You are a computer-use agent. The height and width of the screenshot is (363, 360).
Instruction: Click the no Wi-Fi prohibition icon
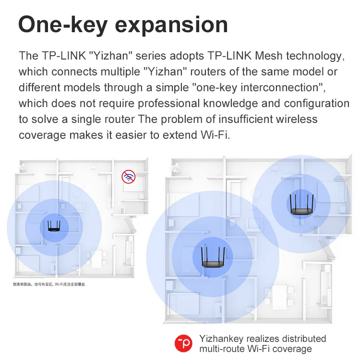(128, 177)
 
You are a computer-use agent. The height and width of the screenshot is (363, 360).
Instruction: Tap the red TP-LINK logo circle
(183, 344)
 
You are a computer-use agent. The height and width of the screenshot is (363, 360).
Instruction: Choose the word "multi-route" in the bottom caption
(223, 349)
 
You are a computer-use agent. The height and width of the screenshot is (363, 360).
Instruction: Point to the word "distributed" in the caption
(301, 339)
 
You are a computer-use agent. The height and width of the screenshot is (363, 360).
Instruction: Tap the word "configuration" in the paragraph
(317, 103)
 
